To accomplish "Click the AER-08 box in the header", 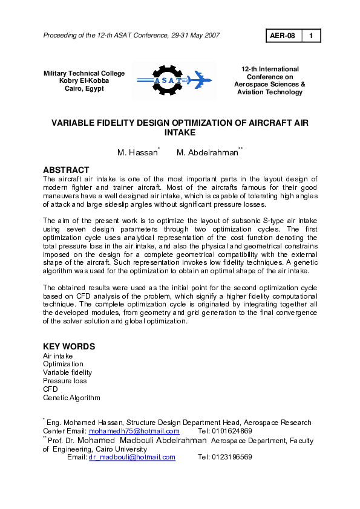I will tap(283, 36).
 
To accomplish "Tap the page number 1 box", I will tap(311, 36).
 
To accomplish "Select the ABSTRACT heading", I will tap(66, 170).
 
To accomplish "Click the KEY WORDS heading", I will tap(68, 346).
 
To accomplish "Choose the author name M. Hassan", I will tap(138, 153).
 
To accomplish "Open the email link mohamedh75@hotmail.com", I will tap(134, 431).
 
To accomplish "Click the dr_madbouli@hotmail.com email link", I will tap(132, 457).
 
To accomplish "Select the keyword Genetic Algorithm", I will tap(71, 398).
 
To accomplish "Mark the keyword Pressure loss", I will tap(65, 381).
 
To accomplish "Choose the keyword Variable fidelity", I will tap(67, 372).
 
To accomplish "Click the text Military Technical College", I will tap(84, 74).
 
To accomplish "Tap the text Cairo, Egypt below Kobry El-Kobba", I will tap(84, 88).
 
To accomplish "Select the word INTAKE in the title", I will tap(180, 132).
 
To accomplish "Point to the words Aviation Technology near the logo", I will tap(270, 92).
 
